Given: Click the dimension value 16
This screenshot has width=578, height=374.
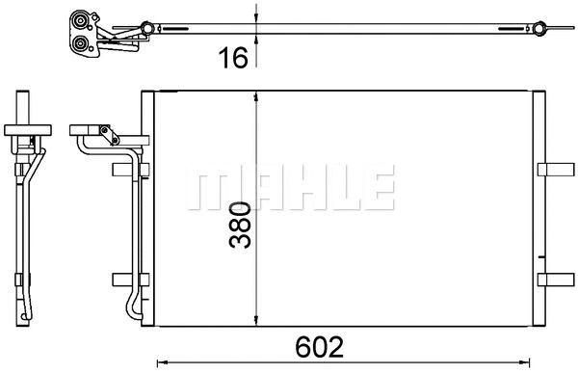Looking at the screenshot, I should (x=232, y=57).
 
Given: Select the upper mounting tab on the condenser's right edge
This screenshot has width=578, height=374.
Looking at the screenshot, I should (x=555, y=170).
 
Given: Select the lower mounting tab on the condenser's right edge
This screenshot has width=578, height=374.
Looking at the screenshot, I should (x=555, y=280).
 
